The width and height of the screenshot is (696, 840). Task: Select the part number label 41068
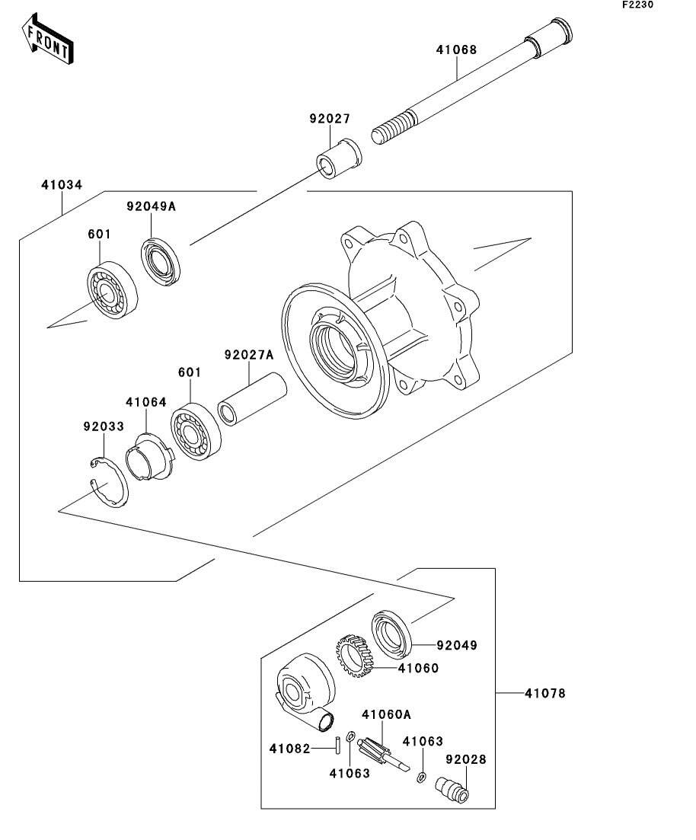(x=456, y=50)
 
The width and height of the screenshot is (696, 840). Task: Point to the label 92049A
(x=151, y=206)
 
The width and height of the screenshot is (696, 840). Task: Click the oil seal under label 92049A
(x=161, y=263)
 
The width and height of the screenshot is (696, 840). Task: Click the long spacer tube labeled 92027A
(x=252, y=400)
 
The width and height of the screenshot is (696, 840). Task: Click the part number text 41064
(x=145, y=402)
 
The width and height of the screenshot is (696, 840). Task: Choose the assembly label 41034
(x=62, y=185)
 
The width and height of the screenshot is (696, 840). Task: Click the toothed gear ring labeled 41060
(x=355, y=656)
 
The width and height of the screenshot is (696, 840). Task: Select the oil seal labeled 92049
(x=391, y=634)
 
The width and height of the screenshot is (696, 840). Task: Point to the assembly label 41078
(x=545, y=693)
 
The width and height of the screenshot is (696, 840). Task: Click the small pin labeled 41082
(x=338, y=746)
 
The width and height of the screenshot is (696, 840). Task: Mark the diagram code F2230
(x=637, y=5)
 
